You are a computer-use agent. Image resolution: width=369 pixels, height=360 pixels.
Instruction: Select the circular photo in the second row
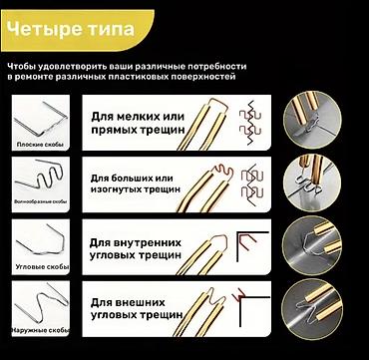pyautogui.click(x=312, y=183)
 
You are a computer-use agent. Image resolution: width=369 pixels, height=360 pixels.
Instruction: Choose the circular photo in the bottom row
pyautogui.click(x=312, y=308)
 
